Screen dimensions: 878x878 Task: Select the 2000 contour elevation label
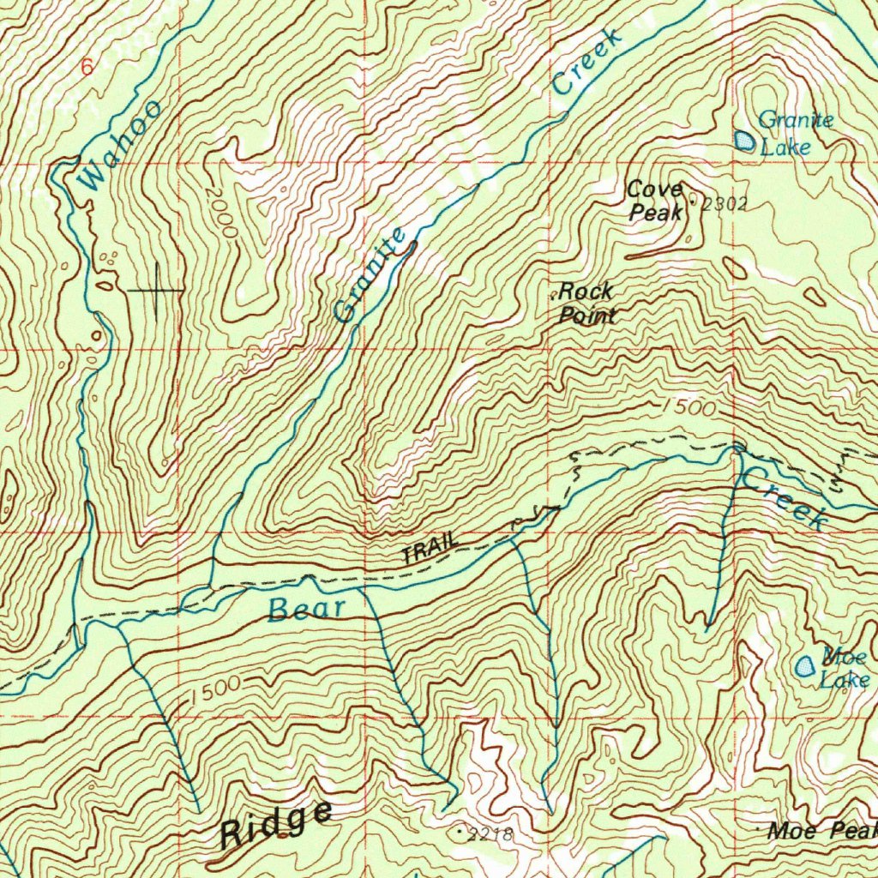[221, 212]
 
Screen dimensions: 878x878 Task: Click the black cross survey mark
[156, 291]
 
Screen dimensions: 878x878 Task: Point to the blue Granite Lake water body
[745, 141]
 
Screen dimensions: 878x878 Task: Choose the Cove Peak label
[656, 201]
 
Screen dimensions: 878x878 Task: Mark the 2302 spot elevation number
[725, 204]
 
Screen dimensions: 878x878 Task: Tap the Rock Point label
[586, 304]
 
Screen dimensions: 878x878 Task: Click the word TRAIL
[431, 549]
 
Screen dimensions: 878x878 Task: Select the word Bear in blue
[306, 610]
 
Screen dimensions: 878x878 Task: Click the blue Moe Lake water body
[806, 666]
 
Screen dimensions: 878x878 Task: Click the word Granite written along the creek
[370, 275]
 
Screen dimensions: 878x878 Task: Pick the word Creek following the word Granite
[586, 62]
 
